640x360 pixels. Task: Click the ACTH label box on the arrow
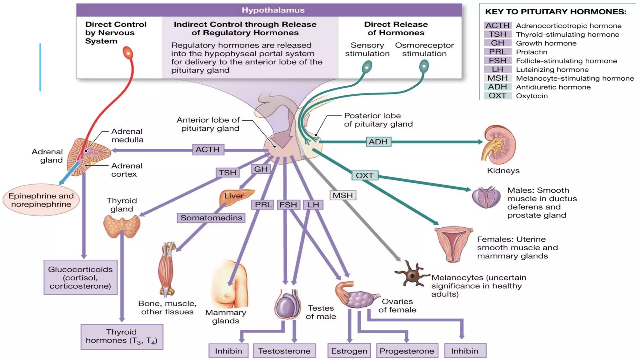coord(207,150)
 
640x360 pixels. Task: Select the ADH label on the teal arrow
coord(378,142)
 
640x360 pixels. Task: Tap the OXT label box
coord(364,175)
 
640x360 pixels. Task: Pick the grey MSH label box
coord(342,195)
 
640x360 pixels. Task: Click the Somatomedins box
coord(211,218)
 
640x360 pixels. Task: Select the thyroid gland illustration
coord(122,227)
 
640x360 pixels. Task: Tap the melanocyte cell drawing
coord(412,275)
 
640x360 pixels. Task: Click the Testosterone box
coord(284,351)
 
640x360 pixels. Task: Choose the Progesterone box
coord(407,351)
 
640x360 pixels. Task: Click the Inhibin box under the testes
coord(228,351)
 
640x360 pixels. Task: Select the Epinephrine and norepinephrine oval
coord(41,200)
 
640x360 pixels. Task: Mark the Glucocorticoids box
coord(80,277)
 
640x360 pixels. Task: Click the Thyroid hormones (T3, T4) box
coord(122,337)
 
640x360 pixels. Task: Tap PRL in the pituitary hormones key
coord(497,52)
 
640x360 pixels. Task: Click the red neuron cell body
coord(128,53)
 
